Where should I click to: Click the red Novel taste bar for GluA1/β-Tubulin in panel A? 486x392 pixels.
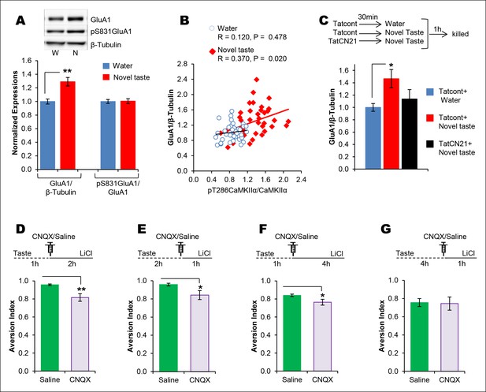tap(68, 125)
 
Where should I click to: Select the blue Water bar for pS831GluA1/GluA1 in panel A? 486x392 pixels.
tap(108, 136)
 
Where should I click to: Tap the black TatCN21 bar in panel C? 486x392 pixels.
tap(410, 134)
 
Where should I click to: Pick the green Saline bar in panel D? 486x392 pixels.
tap(50, 328)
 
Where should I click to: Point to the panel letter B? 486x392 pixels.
tap(184, 21)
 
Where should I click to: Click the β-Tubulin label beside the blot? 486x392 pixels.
tap(106, 45)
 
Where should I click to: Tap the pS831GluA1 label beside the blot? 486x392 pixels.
tap(106, 32)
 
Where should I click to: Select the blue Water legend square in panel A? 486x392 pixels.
tap(106, 65)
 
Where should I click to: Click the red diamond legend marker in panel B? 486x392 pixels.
tap(213, 51)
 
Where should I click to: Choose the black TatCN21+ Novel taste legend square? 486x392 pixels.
tap(429, 144)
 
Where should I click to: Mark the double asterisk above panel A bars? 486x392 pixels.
tap(67, 71)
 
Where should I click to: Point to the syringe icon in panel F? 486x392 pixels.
tap(292, 248)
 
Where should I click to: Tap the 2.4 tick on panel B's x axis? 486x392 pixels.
tap(301, 179)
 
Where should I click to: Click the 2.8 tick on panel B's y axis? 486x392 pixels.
tap(183, 64)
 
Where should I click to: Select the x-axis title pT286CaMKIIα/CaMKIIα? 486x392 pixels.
tap(247, 190)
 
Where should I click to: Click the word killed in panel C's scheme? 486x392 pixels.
tap(460, 34)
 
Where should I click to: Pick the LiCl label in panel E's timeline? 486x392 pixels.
tap(205, 253)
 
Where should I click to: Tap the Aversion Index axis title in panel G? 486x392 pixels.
tap(381, 326)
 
